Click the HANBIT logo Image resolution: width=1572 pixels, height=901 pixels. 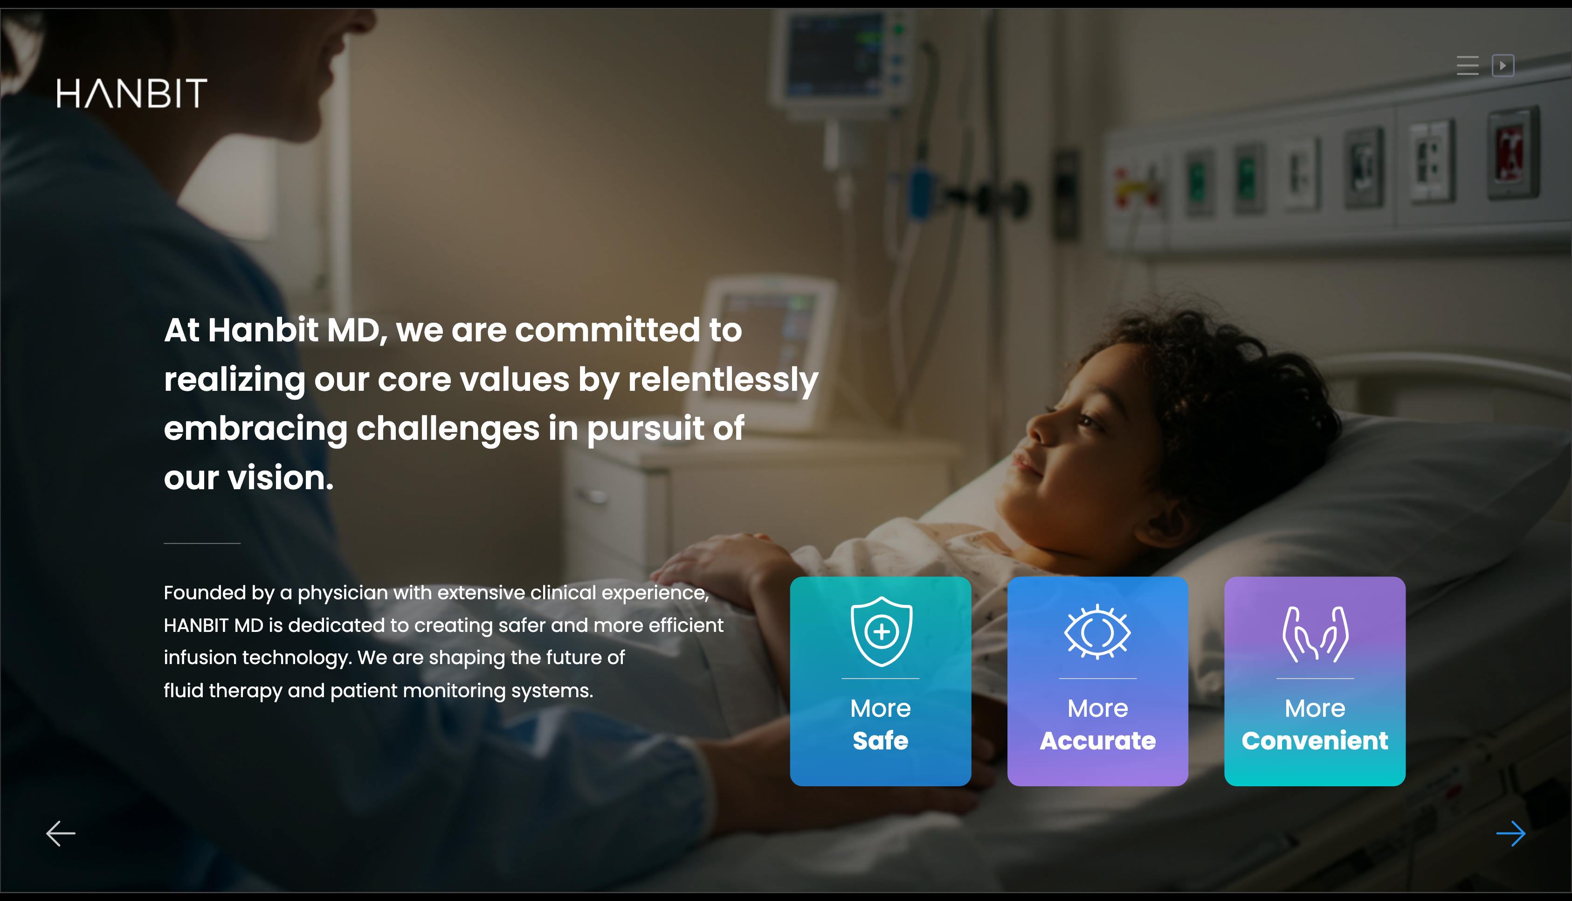[x=132, y=93]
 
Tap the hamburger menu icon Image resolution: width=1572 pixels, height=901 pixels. [x=1468, y=65]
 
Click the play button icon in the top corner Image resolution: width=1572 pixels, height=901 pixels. [x=1503, y=65]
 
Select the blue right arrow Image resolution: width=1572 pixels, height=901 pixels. [x=1511, y=833]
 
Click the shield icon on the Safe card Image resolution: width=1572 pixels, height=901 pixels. [x=881, y=631]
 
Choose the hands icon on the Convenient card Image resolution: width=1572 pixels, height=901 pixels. [x=1315, y=634]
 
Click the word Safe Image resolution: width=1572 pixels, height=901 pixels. [x=881, y=741]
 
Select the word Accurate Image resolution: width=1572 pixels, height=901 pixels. [x=1098, y=741]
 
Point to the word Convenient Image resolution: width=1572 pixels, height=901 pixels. [x=1315, y=741]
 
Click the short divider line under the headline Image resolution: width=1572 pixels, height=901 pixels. [x=201, y=543]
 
